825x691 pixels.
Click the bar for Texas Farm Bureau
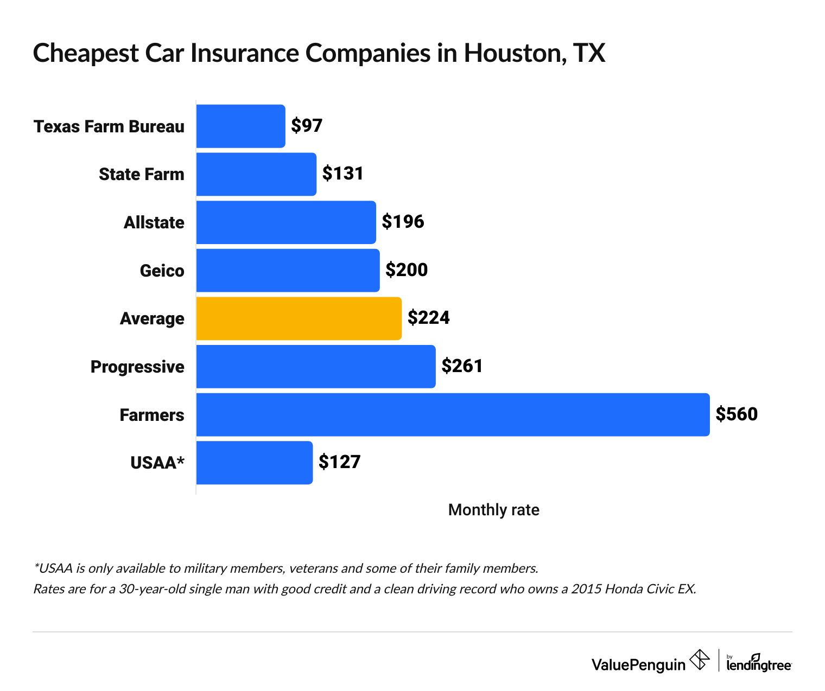(x=240, y=126)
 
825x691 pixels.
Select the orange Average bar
(x=299, y=319)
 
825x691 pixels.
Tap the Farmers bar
(x=453, y=415)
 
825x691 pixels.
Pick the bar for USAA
(x=254, y=463)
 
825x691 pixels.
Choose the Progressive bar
(x=315, y=367)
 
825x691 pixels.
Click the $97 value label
(x=307, y=126)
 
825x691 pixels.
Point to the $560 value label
(x=736, y=414)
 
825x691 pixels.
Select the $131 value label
(x=342, y=174)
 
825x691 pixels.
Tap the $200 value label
(x=407, y=270)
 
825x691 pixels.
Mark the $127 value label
(x=339, y=462)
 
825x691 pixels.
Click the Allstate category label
(x=154, y=223)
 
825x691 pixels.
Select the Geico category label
(x=162, y=271)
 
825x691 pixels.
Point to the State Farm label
(x=141, y=175)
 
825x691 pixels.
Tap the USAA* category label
(x=157, y=463)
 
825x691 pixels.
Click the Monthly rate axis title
(x=493, y=510)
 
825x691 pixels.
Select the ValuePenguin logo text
(x=638, y=664)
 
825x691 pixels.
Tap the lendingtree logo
(x=758, y=663)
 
